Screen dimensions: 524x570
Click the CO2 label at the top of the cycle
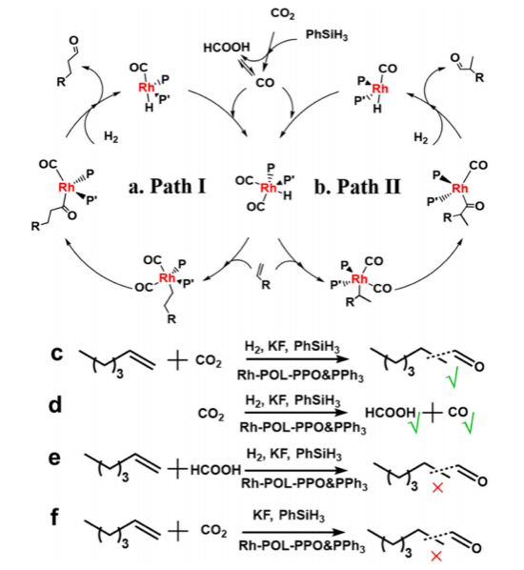(x=283, y=14)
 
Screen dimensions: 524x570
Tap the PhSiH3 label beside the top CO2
(x=327, y=35)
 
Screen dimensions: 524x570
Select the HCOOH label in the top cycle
(x=227, y=48)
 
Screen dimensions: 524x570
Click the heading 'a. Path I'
(x=167, y=187)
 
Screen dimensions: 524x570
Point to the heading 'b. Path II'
(x=357, y=187)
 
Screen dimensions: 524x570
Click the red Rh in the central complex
(x=269, y=188)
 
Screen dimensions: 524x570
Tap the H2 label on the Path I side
(x=111, y=137)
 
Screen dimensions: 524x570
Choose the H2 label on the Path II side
(x=421, y=138)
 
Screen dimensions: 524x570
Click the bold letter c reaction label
(x=57, y=354)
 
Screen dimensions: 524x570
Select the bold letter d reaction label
(x=55, y=404)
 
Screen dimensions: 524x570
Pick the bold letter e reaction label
(x=55, y=458)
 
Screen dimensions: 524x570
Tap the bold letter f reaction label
(x=54, y=517)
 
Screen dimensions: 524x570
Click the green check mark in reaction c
(x=452, y=377)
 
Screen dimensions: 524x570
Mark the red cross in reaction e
(x=437, y=487)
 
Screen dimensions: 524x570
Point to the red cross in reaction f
(x=436, y=556)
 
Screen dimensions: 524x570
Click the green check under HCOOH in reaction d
(x=414, y=423)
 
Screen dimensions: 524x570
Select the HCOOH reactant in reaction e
(x=215, y=470)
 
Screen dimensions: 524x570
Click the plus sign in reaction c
(x=178, y=360)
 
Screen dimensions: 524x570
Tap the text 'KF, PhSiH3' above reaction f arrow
(x=289, y=517)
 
